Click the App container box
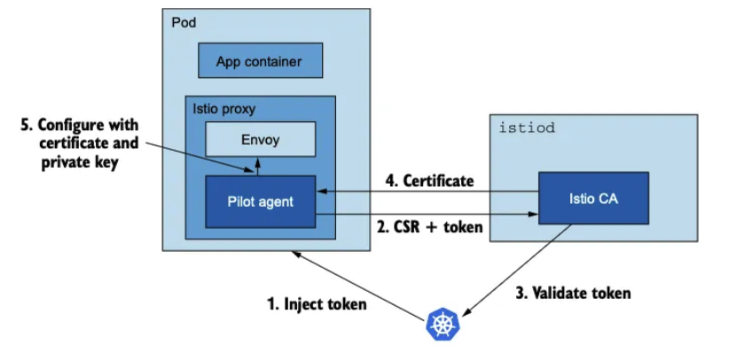click(261, 60)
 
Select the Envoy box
click(261, 139)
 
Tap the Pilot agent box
click(261, 201)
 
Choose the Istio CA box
click(593, 198)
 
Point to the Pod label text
click(184, 22)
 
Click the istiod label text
click(527, 128)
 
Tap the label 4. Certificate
click(429, 181)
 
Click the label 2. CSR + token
click(430, 228)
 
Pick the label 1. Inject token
click(317, 304)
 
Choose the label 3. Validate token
click(573, 293)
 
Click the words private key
click(80, 163)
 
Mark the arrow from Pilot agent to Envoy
click(256, 166)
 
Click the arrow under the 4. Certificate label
click(427, 192)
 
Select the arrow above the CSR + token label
click(427, 215)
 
